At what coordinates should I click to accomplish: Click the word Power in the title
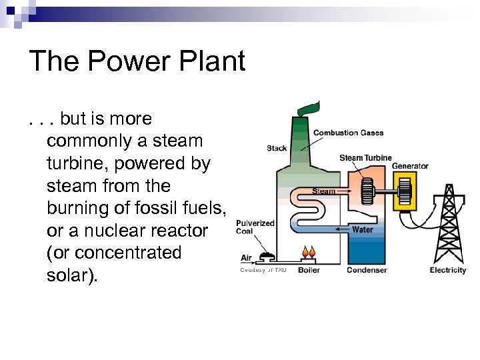pos(124,61)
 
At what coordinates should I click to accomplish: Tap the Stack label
pos(277,148)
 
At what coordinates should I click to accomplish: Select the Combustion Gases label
pos(348,133)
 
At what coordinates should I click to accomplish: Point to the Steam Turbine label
pos(365,158)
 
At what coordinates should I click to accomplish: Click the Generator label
pos(410,166)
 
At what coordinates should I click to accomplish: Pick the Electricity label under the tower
pos(448,270)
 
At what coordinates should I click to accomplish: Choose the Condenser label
pos(367,270)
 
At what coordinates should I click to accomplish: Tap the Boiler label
pos(309,270)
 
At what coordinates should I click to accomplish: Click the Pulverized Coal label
pos(255,227)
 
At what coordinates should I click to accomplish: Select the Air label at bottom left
pos(246,257)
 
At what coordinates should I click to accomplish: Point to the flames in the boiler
pos(309,253)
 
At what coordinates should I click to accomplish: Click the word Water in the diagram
pos(363,229)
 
